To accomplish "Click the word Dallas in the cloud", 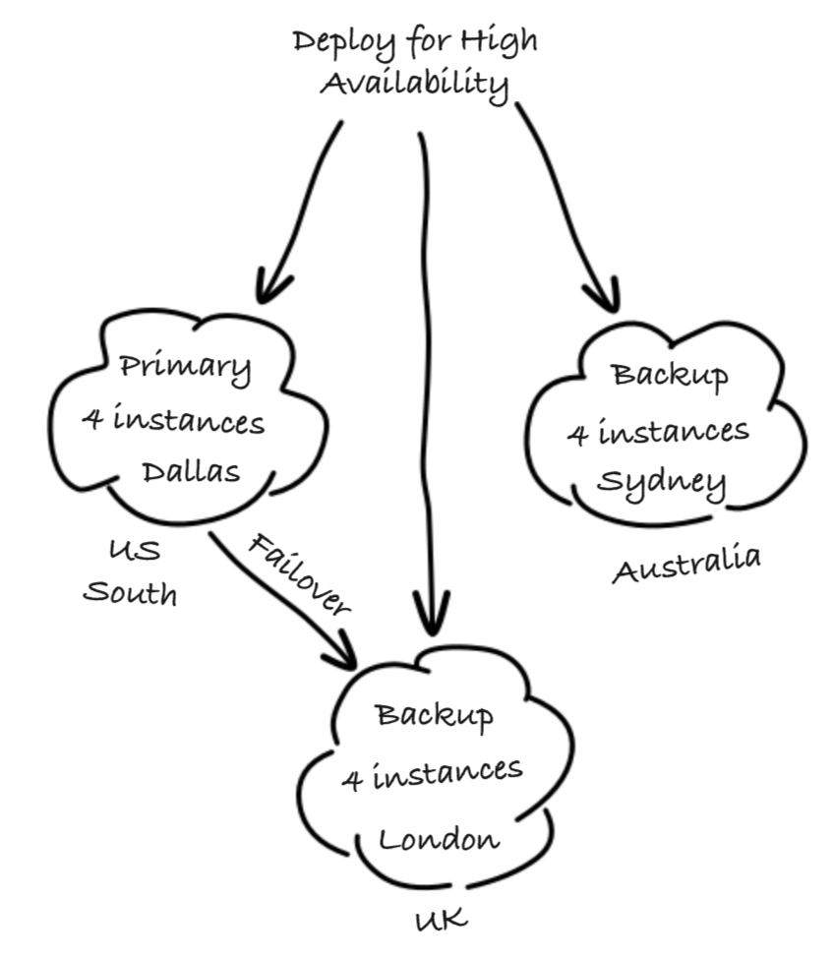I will [x=191, y=472].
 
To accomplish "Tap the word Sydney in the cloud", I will [x=663, y=484].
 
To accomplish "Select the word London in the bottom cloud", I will [x=440, y=840].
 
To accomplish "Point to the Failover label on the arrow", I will [x=298, y=573].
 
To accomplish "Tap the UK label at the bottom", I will [x=441, y=920].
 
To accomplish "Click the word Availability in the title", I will [x=415, y=84].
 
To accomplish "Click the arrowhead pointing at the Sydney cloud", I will [x=603, y=295].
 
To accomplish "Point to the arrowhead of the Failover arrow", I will [x=344, y=651].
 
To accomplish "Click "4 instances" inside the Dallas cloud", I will [x=173, y=421].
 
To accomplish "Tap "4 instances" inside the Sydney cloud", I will [x=658, y=431].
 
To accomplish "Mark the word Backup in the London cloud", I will [x=434, y=715].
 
